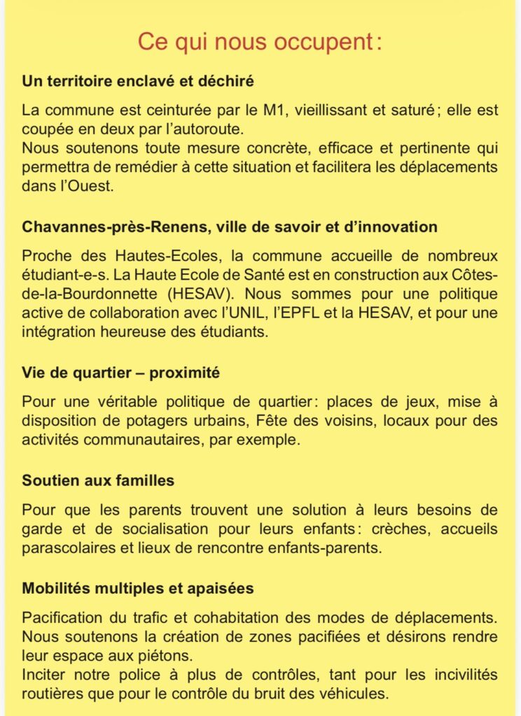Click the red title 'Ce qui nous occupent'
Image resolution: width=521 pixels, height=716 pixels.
260,41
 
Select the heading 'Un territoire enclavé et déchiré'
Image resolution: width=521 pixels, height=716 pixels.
137,81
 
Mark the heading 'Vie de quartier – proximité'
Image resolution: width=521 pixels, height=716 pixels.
120,373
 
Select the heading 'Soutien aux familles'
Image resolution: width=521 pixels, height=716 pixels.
98,481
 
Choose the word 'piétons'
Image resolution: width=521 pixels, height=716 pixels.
168,657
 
